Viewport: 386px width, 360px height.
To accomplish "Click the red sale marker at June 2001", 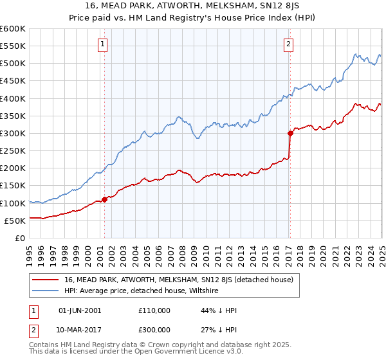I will [x=104, y=199].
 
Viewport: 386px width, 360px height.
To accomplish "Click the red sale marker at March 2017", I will [x=290, y=134].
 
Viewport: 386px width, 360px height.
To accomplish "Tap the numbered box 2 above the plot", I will [x=289, y=44].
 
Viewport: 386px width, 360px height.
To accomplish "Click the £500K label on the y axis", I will [x=12, y=63].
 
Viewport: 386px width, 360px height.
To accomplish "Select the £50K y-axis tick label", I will [x=14, y=221].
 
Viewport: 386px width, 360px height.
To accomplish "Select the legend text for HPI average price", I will [x=142, y=291].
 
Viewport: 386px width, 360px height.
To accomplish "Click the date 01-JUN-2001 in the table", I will [x=80, y=310].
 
